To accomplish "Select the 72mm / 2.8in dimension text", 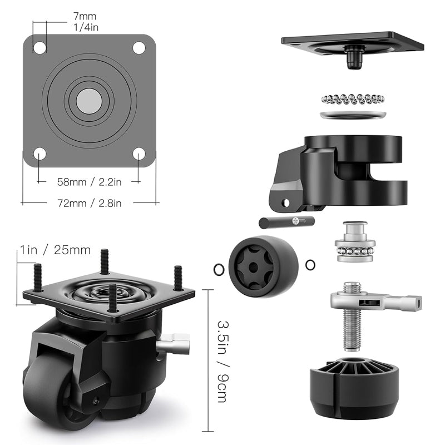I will [x=89, y=203].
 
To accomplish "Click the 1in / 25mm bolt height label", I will [x=55, y=250].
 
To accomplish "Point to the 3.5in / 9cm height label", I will [x=221, y=360].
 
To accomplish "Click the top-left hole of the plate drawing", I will [x=39, y=47].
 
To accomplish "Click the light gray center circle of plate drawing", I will [x=89, y=100].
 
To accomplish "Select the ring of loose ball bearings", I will [x=353, y=98].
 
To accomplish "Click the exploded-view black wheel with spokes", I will [x=263, y=266].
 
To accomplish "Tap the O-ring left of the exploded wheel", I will [x=218, y=270].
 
